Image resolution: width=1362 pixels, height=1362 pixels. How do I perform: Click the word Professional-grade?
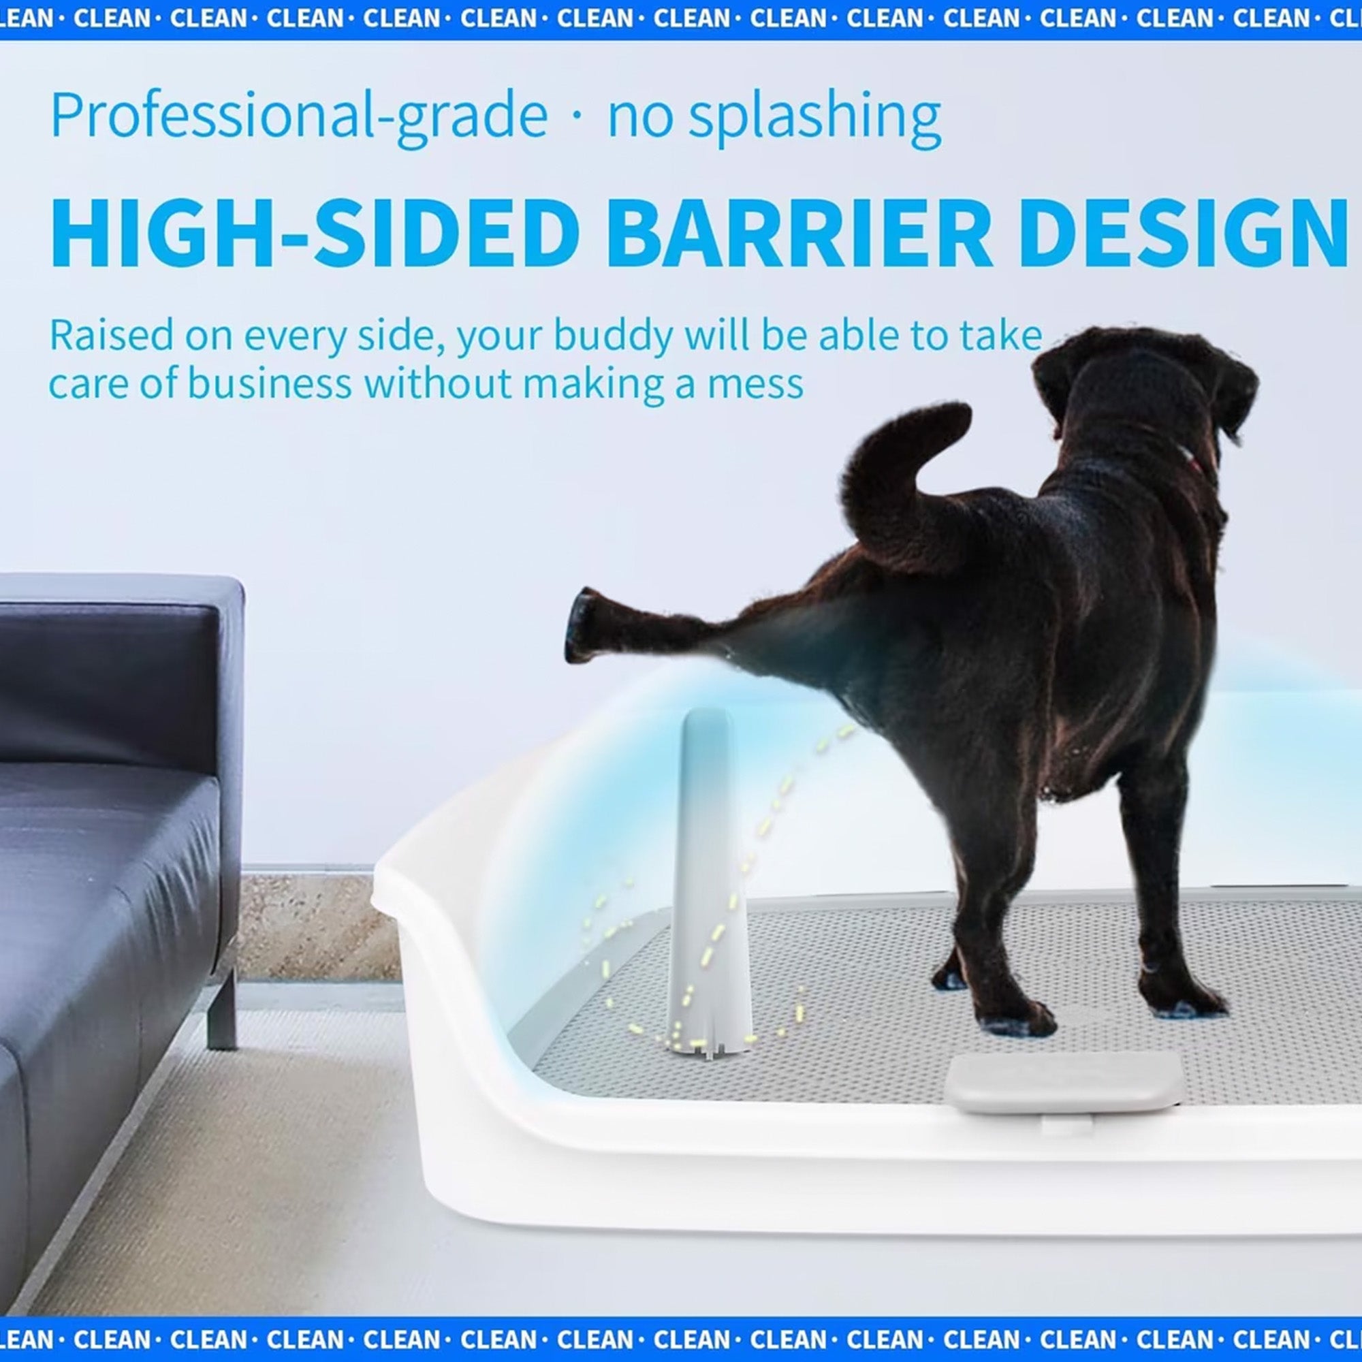pyautogui.click(x=299, y=116)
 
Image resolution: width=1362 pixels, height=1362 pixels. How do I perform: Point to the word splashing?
pyautogui.click(x=814, y=116)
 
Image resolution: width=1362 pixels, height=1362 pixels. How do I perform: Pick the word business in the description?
pyautogui.click(x=270, y=384)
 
